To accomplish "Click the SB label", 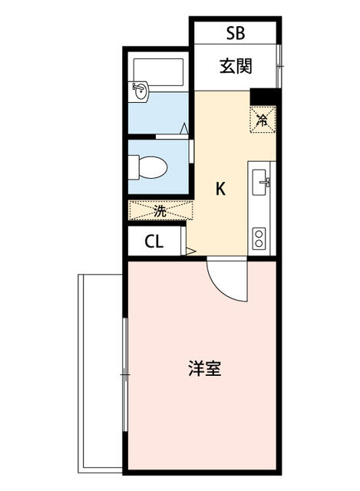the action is click(236, 32).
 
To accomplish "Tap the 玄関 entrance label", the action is click(236, 67).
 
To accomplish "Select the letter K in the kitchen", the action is click(220, 189).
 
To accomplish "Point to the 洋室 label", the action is click(205, 368).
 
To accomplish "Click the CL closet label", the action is click(154, 241).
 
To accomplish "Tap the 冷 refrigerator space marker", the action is click(263, 120).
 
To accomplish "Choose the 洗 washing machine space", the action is click(160, 210).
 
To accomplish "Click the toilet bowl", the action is click(153, 167).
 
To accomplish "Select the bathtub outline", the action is click(159, 72).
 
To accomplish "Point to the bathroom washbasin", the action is click(139, 91).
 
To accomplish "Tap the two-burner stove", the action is click(259, 239).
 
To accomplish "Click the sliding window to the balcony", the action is click(125, 375).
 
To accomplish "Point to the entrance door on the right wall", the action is click(279, 66).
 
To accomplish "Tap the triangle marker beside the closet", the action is click(191, 251).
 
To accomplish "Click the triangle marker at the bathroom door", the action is click(184, 129).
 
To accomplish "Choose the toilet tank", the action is click(134, 167).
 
